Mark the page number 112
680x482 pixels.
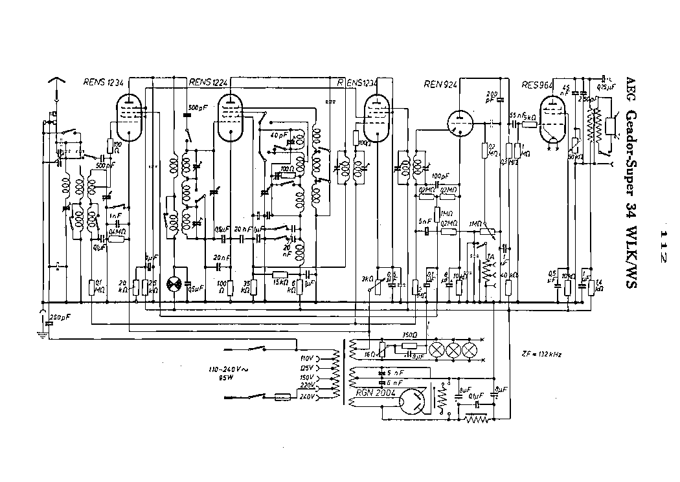coord(662,244)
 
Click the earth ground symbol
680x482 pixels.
coord(42,333)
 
